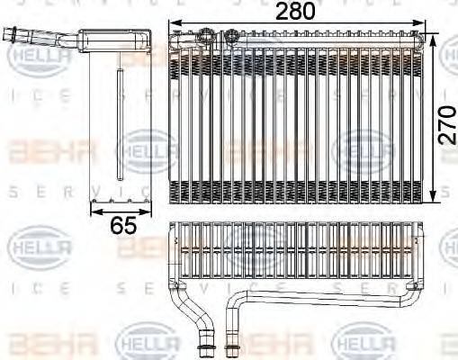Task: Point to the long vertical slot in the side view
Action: tap(119, 126)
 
